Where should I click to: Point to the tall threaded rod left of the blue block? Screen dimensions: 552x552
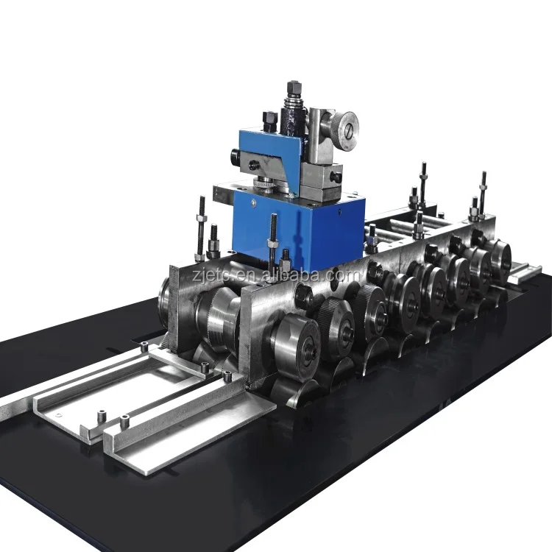pos(200,224)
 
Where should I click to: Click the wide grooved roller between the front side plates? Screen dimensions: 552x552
pos(213,316)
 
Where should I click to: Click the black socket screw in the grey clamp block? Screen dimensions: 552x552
pos(336,177)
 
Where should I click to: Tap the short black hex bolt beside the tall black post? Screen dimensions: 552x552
pos(269,120)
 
